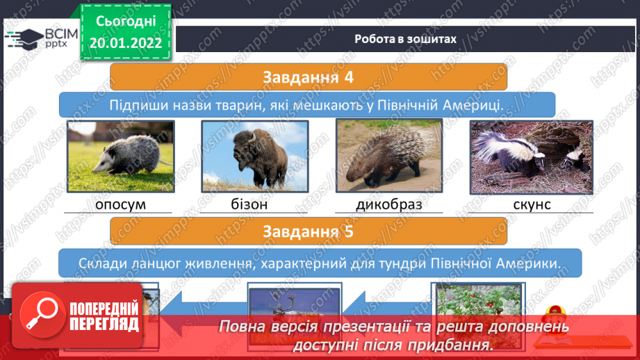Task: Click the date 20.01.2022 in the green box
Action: (126, 43)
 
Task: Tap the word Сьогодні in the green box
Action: (126, 22)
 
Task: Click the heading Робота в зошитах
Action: (405, 39)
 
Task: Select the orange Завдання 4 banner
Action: (308, 76)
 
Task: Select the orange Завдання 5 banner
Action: (308, 231)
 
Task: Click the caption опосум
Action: (120, 204)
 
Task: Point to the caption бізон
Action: (249, 204)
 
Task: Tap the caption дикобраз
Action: (389, 204)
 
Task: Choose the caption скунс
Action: (532, 204)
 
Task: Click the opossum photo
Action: (121, 156)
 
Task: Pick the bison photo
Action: (255, 156)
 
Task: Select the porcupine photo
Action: (389, 156)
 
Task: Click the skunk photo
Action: (531, 157)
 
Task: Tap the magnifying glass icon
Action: (42, 315)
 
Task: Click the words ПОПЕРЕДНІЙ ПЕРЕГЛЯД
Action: (104, 316)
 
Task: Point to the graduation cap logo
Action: (25, 39)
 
